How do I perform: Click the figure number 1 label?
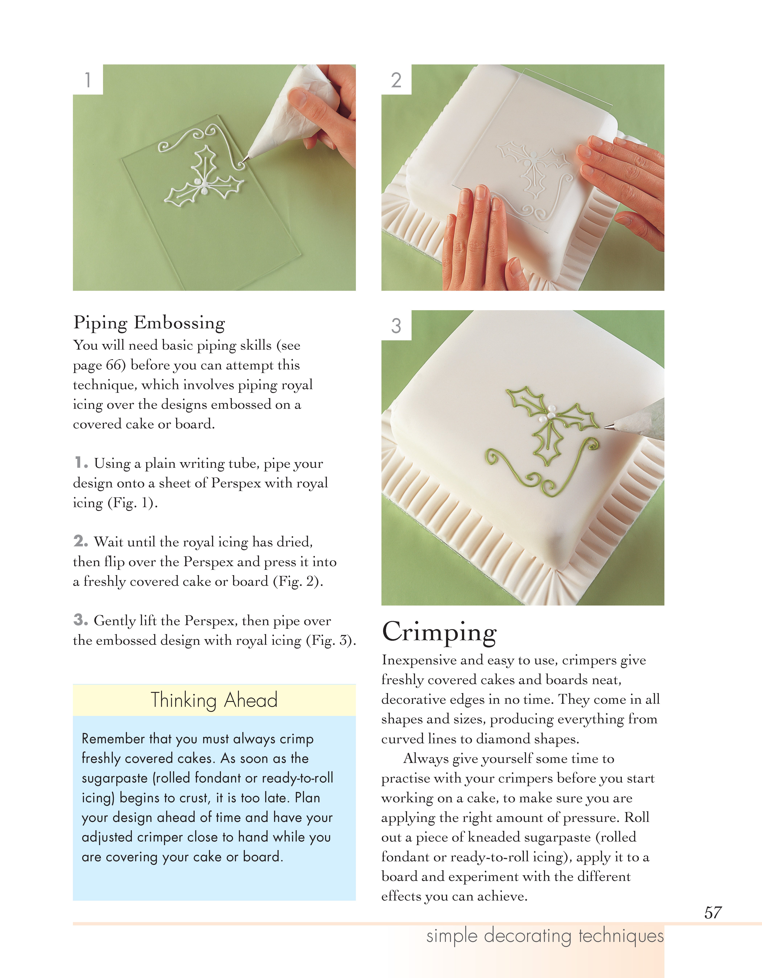pos(88,80)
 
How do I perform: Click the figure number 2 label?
pos(396,80)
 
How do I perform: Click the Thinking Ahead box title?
pos(214,700)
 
